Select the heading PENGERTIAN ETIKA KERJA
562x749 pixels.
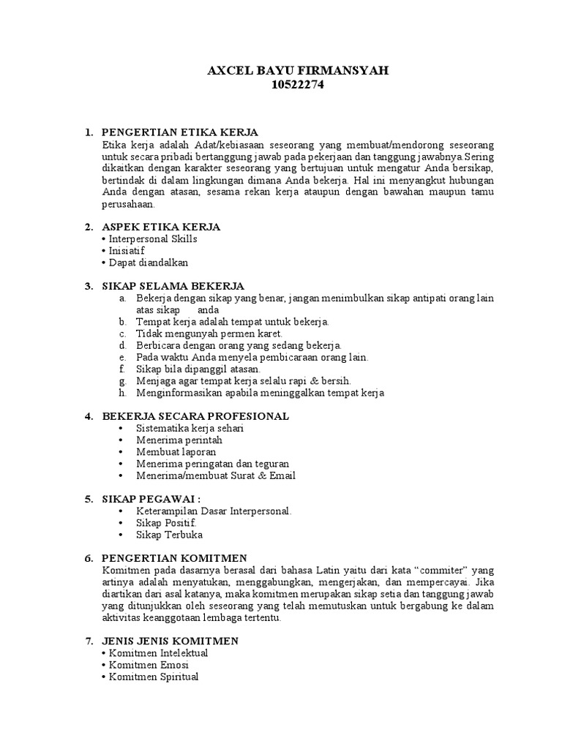pyautogui.click(x=180, y=132)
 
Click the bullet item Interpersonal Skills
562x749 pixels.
pyautogui.click(x=152, y=239)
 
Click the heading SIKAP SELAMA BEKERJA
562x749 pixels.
pyautogui.click(x=173, y=285)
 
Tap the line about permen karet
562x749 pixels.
pyautogui.click(x=204, y=334)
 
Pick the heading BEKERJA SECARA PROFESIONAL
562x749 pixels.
pyautogui.click(x=195, y=416)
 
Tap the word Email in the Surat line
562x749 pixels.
pyautogui.click(x=282, y=475)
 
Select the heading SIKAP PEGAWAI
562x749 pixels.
pyautogui.click(x=151, y=499)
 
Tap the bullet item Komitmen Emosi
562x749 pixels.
pyautogui.click(x=148, y=664)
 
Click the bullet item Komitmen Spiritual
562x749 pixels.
pyautogui.click(x=153, y=677)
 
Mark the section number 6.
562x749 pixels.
pyautogui.click(x=88, y=558)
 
